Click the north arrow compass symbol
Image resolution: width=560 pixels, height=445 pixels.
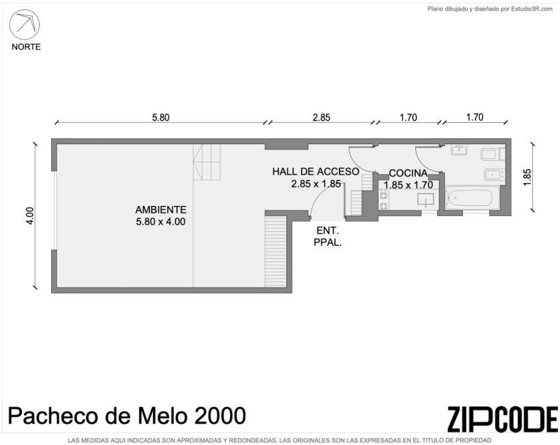(25, 25)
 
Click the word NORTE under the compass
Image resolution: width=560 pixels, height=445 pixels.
(26, 46)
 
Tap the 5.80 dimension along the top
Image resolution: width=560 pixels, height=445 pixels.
(161, 118)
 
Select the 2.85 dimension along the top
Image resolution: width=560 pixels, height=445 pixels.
(322, 118)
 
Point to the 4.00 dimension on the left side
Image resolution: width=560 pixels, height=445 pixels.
(30, 216)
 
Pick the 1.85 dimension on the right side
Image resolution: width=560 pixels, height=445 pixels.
(527, 177)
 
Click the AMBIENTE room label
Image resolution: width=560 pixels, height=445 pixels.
(161, 210)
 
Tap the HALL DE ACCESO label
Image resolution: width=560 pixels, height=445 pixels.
(316, 171)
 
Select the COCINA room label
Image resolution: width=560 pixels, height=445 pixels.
(409, 173)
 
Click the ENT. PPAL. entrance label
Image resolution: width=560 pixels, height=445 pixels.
(328, 236)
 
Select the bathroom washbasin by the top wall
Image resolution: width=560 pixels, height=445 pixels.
(459, 149)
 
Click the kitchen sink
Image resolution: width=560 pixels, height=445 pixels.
(426, 199)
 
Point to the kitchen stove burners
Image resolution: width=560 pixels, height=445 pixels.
(383, 200)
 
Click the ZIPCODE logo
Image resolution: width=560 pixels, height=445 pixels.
(502, 419)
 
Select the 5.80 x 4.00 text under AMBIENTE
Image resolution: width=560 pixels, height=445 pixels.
(161, 222)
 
